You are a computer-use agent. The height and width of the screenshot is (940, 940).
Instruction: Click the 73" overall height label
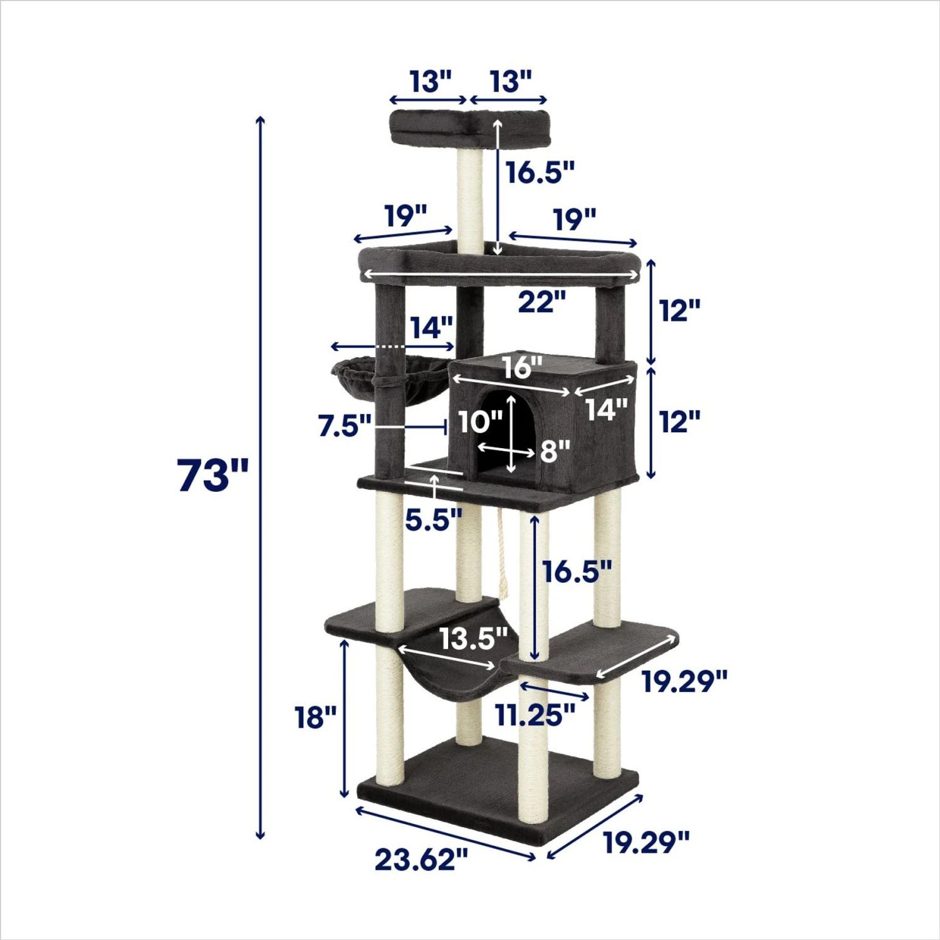(213, 474)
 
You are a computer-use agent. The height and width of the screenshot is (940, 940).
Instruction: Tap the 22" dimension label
(541, 302)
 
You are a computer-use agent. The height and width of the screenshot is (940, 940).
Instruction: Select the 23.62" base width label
(421, 859)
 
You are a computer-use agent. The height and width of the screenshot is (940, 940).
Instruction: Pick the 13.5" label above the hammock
(473, 639)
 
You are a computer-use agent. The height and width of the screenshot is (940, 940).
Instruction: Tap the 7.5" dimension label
(345, 426)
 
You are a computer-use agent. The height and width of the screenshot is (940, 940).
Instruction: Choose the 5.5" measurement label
(433, 520)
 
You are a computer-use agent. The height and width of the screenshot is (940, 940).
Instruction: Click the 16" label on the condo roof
(521, 367)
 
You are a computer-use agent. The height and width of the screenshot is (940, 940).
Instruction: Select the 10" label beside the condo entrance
(479, 421)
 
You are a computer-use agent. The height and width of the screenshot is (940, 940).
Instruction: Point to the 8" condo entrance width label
(555, 449)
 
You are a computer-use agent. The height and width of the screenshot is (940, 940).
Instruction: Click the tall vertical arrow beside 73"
(261, 476)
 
